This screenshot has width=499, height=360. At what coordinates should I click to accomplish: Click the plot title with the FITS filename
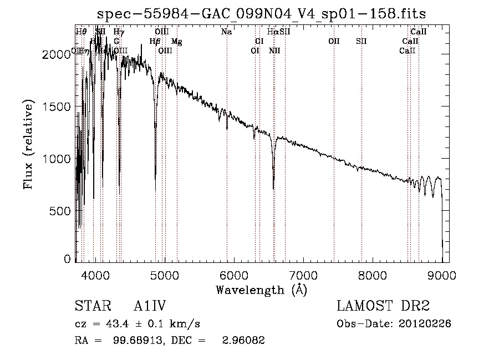click(261, 14)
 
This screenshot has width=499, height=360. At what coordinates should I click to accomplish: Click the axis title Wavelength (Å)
click(261, 290)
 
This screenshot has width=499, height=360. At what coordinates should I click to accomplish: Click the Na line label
click(226, 32)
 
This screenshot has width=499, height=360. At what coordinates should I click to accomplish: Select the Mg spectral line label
click(177, 42)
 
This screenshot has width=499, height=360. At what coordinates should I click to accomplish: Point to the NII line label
click(274, 51)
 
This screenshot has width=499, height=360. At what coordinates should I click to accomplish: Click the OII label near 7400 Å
click(334, 42)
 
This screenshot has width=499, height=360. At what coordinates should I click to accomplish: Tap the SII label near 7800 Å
click(361, 42)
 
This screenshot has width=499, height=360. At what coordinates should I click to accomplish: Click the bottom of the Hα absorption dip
click(273, 189)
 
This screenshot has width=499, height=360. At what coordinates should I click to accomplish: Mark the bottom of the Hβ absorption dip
click(155, 190)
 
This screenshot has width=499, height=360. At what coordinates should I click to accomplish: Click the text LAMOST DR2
click(383, 306)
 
